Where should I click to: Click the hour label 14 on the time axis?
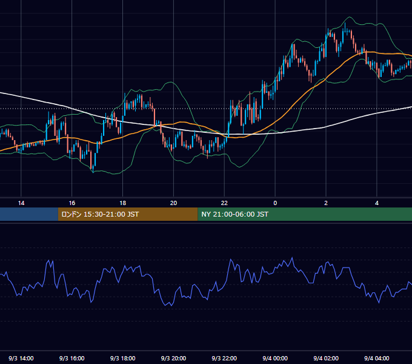(x=21, y=203)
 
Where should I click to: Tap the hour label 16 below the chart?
(x=71, y=203)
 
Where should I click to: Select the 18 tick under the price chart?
(x=123, y=203)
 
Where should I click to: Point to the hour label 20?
(x=173, y=203)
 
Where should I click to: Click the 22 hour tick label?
(x=224, y=203)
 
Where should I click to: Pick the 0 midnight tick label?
(x=275, y=203)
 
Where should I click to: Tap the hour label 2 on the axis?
(x=326, y=203)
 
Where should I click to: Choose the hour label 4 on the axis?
(x=377, y=203)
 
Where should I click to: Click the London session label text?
(x=100, y=214)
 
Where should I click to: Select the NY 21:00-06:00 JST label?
(x=234, y=214)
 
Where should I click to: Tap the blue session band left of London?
(x=29, y=214)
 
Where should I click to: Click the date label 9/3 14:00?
(x=21, y=358)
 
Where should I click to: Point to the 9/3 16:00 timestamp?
(x=71, y=358)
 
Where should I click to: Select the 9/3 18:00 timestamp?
(x=123, y=358)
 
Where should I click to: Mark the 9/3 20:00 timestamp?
(x=173, y=358)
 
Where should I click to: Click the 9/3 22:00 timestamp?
(x=224, y=358)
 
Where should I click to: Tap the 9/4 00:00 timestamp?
(x=275, y=358)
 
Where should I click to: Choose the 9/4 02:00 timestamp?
(x=326, y=358)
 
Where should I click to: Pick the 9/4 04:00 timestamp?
(x=377, y=358)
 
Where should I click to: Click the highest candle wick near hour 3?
(x=345, y=23)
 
